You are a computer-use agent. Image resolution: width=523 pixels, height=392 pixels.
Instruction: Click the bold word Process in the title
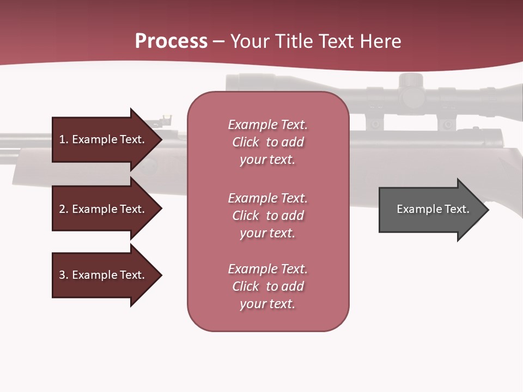point(171,41)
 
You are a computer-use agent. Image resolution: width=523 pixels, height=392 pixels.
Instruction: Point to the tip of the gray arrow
point(488,210)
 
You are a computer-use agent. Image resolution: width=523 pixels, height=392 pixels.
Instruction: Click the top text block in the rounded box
point(267,142)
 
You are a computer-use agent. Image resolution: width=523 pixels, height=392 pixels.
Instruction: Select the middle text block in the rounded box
point(267,216)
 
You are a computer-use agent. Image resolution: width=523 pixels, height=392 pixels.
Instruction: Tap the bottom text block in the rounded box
point(267,286)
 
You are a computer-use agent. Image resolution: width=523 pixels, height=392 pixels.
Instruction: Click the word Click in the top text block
point(246,142)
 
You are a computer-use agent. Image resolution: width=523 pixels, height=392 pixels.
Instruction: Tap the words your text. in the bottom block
point(267,304)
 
